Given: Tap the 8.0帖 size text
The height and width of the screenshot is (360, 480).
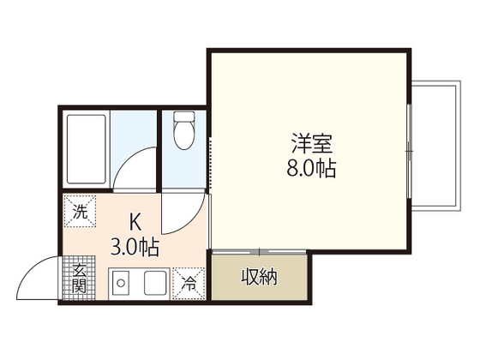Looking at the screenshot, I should [x=310, y=167].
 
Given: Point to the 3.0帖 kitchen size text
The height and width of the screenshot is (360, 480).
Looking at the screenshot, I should [x=135, y=248].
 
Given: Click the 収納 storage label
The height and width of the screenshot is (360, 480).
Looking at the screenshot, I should [x=258, y=278].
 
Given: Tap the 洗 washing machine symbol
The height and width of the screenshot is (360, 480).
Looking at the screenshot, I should [x=80, y=212].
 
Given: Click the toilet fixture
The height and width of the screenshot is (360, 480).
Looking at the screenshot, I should [x=183, y=133].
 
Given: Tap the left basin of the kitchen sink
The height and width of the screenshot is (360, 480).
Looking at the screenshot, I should [x=121, y=282].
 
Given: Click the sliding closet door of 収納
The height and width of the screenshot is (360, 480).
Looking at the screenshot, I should [x=258, y=252].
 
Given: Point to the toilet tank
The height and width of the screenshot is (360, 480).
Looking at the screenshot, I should [x=183, y=117].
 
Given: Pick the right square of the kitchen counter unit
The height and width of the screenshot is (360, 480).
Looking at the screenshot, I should [x=155, y=282].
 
